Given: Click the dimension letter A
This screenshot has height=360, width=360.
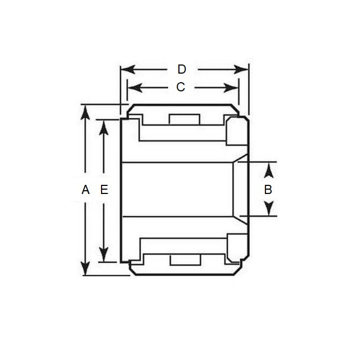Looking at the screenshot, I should point(85,190).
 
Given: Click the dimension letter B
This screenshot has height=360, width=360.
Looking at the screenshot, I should point(268,190).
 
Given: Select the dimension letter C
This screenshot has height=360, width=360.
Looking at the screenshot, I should point(181,87).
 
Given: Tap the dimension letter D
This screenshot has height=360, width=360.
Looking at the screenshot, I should point(182,69).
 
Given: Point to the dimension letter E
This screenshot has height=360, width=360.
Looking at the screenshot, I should point(104,190).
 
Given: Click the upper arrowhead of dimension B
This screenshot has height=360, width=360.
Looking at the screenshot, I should point(270,169).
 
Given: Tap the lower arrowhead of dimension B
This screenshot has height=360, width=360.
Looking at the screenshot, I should point(270,209).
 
